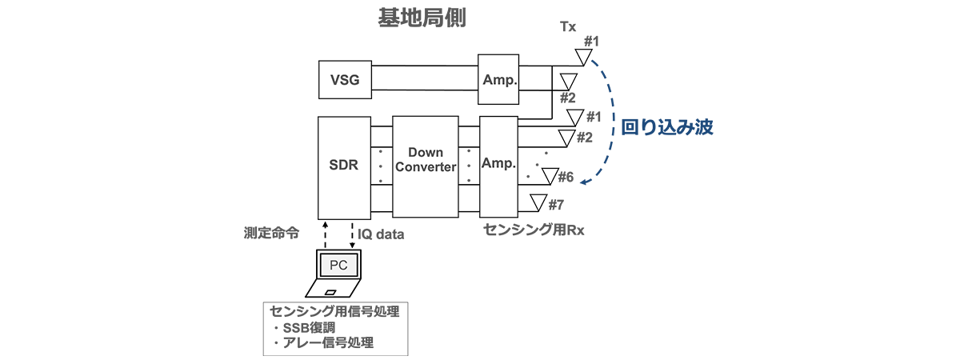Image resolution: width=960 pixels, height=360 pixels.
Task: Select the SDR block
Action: coord(345,166)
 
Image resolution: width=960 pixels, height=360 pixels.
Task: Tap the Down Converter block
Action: coord(425,166)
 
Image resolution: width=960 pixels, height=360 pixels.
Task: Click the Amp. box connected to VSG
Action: coord(498,79)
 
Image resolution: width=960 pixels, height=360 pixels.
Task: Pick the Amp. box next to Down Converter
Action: coord(498,166)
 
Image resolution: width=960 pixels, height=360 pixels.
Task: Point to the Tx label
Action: coord(568,27)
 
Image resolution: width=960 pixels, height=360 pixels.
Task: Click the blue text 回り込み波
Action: coord(666,126)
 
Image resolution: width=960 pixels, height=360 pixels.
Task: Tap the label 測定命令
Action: coord(272,234)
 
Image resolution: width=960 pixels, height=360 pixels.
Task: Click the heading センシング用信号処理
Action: coord(334,311)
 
